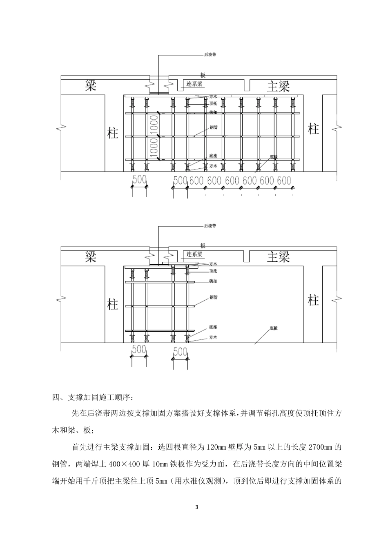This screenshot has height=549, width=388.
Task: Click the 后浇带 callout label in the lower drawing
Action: pos(210,225)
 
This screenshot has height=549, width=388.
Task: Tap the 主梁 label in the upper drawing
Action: pos(279,86)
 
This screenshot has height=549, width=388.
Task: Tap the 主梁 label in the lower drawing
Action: pos(279,257)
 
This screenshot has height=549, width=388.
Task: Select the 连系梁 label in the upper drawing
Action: pos(195,84)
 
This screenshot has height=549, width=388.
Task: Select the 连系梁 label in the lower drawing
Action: pos(195,254)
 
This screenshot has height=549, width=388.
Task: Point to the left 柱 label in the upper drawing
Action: pos(113,133)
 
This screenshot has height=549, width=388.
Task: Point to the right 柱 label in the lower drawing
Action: pos(313,301)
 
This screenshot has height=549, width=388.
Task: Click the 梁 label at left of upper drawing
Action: pos(90,85)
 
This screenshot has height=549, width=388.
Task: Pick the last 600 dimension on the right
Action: pos(284,180)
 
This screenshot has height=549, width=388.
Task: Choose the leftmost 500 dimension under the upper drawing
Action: pos(139,180)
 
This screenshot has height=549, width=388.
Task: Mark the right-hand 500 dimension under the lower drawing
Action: pos(180,351)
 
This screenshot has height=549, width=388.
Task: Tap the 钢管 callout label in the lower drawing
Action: pos(213,297)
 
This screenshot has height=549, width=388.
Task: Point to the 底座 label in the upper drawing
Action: pos(213,156)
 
